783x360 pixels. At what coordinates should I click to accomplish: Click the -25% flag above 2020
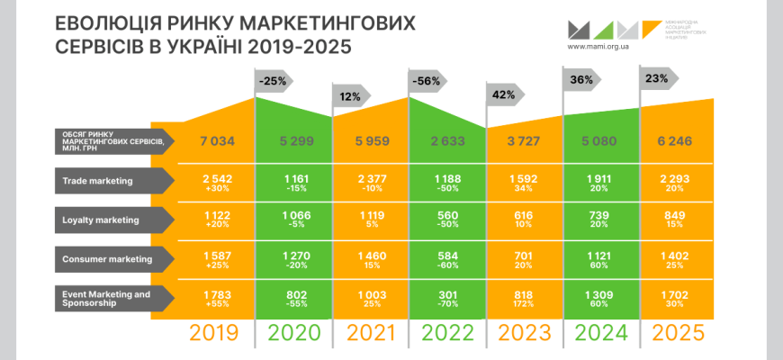coord(274,81)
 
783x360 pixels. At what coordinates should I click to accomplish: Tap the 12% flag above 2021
coord(350,95)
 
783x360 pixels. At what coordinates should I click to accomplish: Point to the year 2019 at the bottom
coord(214,334)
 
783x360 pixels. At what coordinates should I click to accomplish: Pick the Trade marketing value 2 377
coord(370,178)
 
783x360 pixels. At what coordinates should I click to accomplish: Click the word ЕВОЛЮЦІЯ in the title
coord(108,22)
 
